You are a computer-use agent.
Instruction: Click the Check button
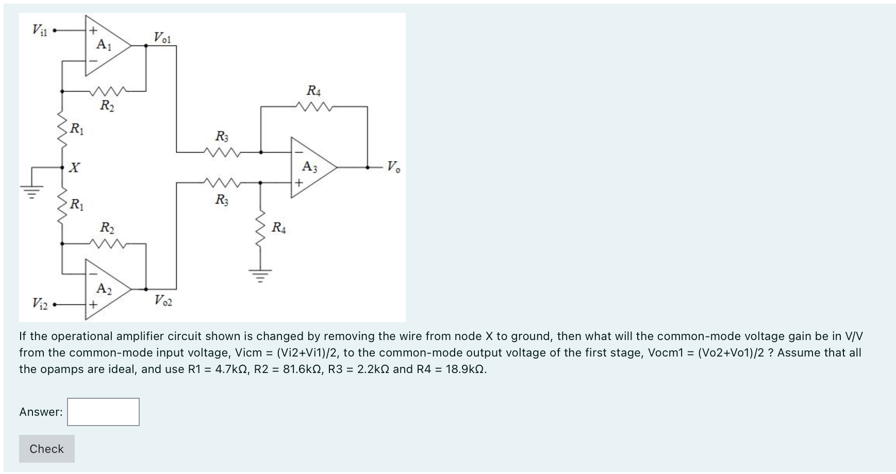point(46,449)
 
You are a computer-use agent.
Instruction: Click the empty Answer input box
point(103,412)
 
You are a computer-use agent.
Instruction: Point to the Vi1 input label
point(40,30)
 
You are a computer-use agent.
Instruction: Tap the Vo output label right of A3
point(393,166)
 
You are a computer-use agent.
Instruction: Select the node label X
point(75,167)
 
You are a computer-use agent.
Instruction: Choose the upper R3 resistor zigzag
point(221,151)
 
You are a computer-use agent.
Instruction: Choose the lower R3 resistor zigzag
point(221,182)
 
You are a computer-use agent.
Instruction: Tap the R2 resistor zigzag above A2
point(107,243)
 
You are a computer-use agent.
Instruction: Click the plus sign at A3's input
point(298,182)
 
